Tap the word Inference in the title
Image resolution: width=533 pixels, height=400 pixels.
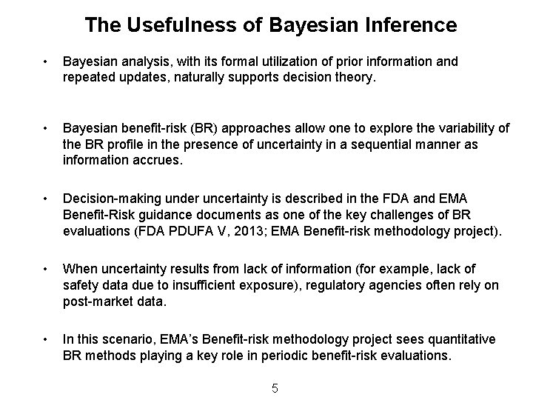[x=413, y=25]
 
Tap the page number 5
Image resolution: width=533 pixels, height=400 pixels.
[x=275, y=388]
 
